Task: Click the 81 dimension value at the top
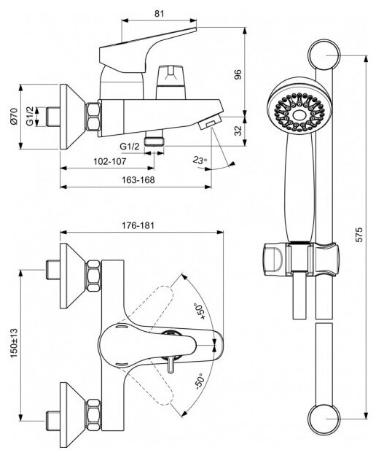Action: pyautogui.click(x=159, y=13)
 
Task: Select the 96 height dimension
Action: pyautogui.click(x=238, y=74)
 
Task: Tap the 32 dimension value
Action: pyautogui.click(x=238, y=131)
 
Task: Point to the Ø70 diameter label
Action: pyautogui.click(x=14, y=116)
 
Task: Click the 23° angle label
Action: pyautogui.click(x=200, y=160)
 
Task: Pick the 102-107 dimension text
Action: pyautogui.click(x=109, y=161)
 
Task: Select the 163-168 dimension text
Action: pyautogui.click(x=138, y=180)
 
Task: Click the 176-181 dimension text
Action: pyautogui.click(x=138, y=225)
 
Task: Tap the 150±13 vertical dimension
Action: pyautogui.click(x=14, y=343)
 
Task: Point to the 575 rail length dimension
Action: pyautogui.click(x=360, y=234)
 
